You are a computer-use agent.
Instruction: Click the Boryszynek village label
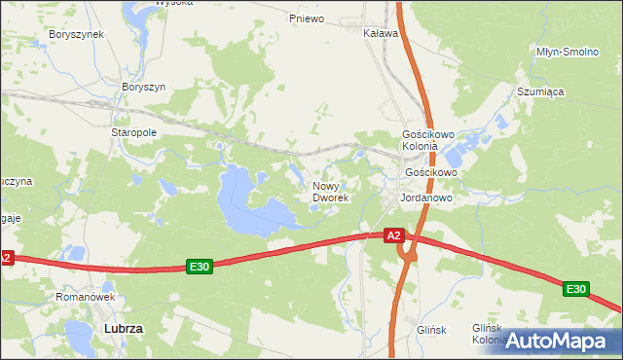point(76,34)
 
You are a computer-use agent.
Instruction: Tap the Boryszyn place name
point(144,87)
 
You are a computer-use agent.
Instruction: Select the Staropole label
point(134,132)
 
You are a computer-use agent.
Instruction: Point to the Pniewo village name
point(306,18)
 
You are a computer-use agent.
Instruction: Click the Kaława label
point(381,33)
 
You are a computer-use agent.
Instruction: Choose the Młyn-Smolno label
point(567,51)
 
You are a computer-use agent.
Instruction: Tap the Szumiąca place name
point(540,91)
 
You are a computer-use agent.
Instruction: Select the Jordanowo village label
point(424,196)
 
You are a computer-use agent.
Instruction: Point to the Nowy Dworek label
point(331,191)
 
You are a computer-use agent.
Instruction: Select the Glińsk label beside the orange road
point(430,330)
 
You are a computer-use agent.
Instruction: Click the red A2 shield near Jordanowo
point(393,235)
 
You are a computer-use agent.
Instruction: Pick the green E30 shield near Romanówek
point(200,267)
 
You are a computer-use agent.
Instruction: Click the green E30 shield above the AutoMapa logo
point(575,289)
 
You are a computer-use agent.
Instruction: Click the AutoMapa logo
point(559,341)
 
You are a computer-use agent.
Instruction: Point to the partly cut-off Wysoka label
point(147,3)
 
